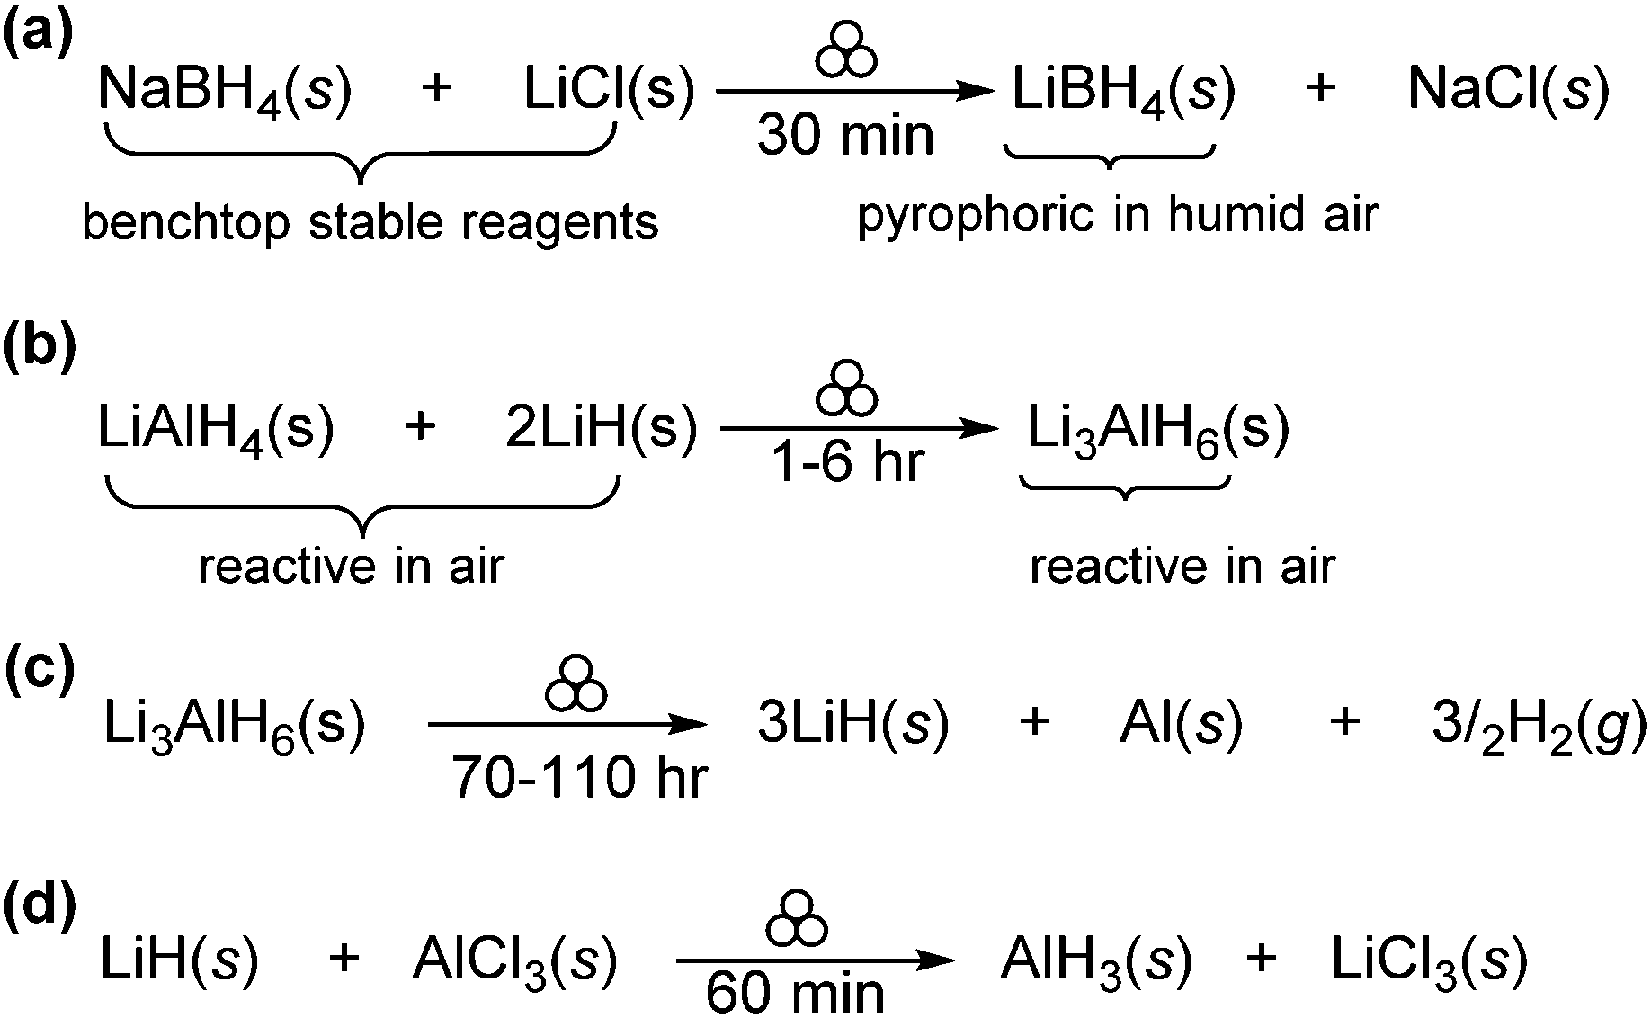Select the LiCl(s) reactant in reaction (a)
tap(610, 90)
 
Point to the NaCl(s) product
tap(1508, 90)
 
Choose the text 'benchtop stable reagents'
tap(370, 222)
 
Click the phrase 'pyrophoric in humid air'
tap(1117, 215)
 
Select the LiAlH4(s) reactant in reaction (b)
tap(216, 430)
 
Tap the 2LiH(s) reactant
tap(601, 428)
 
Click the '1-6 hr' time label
tap(848, 463)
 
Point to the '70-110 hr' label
tap(580, 777)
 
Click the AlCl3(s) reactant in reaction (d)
tap(514, 960)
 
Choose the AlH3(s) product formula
tap(1096, 960)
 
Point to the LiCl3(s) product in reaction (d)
tap(1429, 960)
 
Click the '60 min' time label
tap(795, 995)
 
